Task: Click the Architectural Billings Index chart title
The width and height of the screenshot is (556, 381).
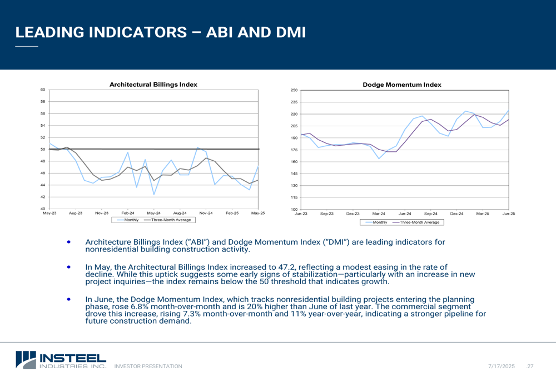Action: click(153, 85)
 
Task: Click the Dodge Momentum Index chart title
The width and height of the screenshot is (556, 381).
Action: click(402, 85)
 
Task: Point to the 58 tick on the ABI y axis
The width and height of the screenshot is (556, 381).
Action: click(43, 101)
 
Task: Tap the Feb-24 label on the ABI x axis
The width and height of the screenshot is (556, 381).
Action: click(128, 213)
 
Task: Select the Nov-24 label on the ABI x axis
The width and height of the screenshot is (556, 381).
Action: click(206, 213)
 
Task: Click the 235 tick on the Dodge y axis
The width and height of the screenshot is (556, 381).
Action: click(294, 102)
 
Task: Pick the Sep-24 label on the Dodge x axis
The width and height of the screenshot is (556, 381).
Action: click(431, 214)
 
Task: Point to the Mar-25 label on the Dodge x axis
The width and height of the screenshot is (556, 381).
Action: click(483, 214)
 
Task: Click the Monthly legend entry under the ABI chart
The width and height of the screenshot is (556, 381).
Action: click(128, 220)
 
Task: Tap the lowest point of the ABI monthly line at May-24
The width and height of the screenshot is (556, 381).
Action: click(154, 195)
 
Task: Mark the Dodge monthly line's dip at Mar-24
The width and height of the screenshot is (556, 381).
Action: click(379, 159)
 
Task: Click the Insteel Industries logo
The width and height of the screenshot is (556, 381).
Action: click(61, 360)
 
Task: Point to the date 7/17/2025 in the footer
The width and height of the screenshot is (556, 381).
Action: click(502, 367)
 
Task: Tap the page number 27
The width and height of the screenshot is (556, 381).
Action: click(530, 367)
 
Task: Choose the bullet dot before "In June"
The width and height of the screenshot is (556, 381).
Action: click(69, 299)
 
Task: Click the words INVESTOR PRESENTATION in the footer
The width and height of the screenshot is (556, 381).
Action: click(148, 367)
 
